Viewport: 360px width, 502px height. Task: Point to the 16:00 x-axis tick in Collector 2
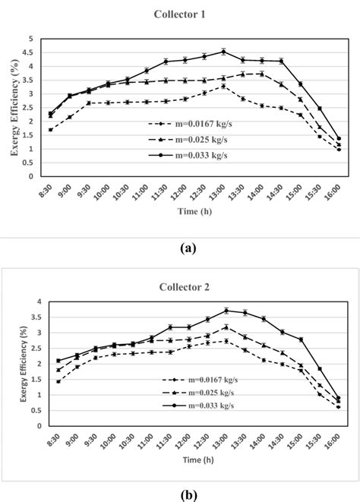[338, 440]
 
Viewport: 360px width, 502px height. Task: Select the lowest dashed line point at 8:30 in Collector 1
[50, 130]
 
